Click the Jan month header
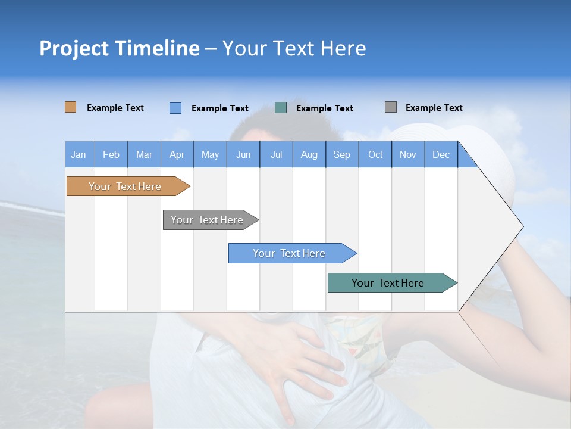coord(79,154)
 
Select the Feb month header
coord(111,154)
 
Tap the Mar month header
coord(144,154)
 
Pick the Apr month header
coord(177,154)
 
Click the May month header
coord(210,154)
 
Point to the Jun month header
coord(243,154)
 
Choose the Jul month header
coord(276,154)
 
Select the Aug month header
coord(309,154)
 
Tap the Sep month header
coord(342,154)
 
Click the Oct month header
coord(375,154)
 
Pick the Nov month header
coord(408,154)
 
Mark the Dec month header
coord(441,154)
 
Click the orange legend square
coord(71,107)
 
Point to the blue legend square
coord(175,108)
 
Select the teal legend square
coord(281,108)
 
